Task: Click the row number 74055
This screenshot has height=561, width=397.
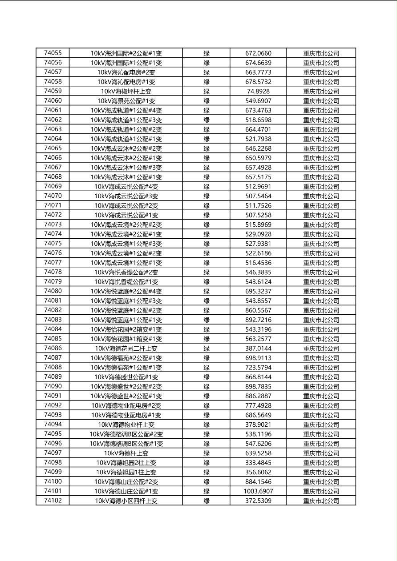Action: [x=53, y=53]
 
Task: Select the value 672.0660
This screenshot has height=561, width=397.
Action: [x=258, y=53]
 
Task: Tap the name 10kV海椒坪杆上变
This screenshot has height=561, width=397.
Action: [x=126, y=91]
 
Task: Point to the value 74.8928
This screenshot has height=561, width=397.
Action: [x=258, y=91]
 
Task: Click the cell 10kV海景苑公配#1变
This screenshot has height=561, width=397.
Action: [x=126, y=101]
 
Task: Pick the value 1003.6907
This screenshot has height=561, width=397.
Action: [x=258, y=491]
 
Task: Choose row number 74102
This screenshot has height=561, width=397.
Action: [x=53, y=501]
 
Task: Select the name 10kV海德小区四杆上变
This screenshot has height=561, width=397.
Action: [x=126, y=501]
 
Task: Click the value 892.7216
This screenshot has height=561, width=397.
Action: [x=258, y=320]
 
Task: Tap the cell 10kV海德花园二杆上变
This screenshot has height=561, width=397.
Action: [x=126, y=349]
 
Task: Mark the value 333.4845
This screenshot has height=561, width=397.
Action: [x=258, y=462]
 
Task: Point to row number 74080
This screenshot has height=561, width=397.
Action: [x=53, y=291]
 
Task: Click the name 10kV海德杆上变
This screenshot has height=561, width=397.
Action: [x=126, y=453]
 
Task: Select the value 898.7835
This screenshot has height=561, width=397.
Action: [x=258, y=386]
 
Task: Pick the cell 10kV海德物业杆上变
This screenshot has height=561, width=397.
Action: [x=126, y=425]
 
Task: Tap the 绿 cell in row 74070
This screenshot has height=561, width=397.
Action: [x=207, y=196]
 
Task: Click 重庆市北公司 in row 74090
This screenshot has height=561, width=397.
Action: [x=321, y=387]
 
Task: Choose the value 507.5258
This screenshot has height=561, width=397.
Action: [x=258, y=215]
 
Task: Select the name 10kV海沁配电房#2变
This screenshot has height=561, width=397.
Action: [x=126, y=72]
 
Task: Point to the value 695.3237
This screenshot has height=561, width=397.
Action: [x=258, y=291]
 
